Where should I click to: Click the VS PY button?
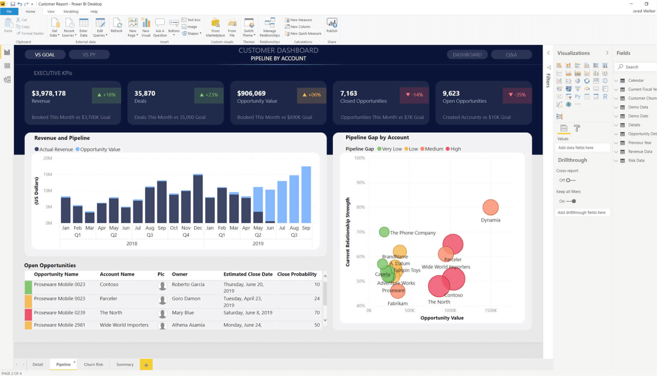point(89,55)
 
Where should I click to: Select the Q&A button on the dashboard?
point(511,55)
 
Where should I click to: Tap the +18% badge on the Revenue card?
point(106,95)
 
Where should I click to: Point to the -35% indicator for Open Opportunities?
point(517,95)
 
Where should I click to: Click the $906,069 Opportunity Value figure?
point(251,93)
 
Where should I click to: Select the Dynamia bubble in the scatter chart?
point(490,208)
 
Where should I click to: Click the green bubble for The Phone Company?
point(384,232)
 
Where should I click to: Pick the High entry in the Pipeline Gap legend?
point(453,149)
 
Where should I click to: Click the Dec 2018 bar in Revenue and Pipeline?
point(198,198)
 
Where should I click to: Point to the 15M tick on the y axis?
point(48,174)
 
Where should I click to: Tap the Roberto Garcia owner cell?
point(188,284)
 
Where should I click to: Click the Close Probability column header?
point(297,274)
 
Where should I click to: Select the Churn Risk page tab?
point(93,364)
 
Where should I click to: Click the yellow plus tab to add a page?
point(146,364)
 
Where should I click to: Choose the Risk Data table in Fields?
point(636,160)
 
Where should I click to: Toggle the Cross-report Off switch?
point(570,180)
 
